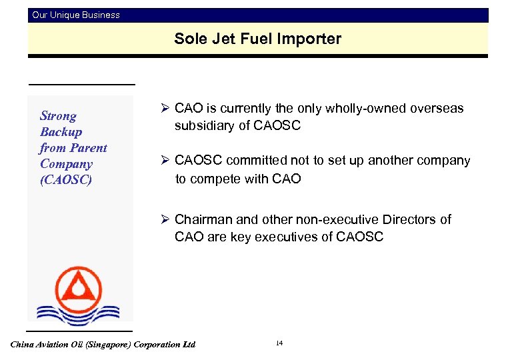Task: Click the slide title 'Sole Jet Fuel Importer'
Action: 257,39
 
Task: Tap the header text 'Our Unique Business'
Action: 76,15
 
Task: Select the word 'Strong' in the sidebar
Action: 58,116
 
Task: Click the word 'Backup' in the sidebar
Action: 61,132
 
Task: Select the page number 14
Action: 279,343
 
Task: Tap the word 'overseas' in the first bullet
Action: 441,109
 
